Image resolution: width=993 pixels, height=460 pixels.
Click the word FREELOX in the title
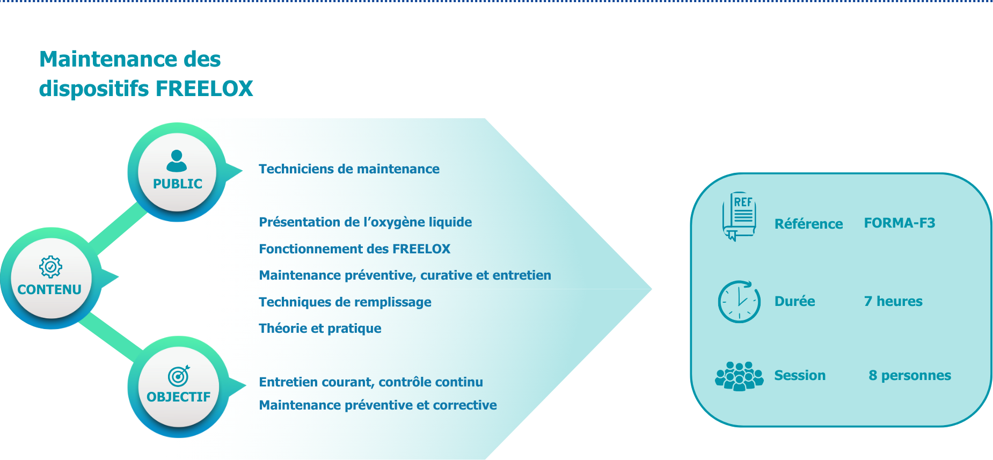[x=204, y=89]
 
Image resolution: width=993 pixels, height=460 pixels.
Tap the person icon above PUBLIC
[x=177, y=160]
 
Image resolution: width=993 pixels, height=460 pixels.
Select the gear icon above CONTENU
[x=50, y=266]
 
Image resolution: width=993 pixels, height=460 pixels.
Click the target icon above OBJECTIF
[x=179, y=376]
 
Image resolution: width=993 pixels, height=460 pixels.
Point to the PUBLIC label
[x=178, y=184]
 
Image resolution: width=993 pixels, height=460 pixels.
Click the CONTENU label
[x=49, y=290]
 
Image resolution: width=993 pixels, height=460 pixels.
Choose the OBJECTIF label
[x=179, y=397]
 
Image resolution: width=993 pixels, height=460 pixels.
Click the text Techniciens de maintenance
[x=349, y=169]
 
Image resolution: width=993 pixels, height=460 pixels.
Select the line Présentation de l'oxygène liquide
[x=366, y=222]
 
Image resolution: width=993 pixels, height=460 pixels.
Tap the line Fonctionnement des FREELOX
[x=354, y=249]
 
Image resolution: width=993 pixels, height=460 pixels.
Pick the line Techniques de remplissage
[x=345, y=302]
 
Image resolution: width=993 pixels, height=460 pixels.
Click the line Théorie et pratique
[x=320, y=328]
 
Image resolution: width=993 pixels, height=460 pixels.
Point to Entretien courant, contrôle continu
[x=371, y=382]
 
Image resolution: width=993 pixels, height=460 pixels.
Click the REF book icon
[x=739, y=216]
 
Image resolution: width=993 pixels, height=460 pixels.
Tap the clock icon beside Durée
[x=739, y=301]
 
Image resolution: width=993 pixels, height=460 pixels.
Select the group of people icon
[x=739, y=376]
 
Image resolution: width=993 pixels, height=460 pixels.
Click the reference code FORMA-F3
[x=900, y=223]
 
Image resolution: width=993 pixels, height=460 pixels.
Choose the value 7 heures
[x=893, y=302]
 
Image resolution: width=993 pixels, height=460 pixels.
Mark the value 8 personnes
[x=910, y=376]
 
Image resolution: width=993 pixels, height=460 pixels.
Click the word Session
[x=800, y=376]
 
